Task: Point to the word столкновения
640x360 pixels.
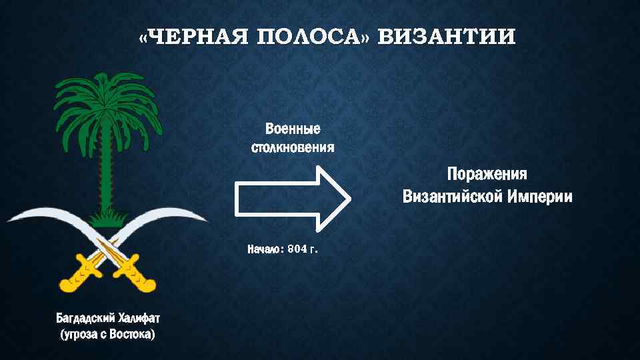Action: tap(293, 146)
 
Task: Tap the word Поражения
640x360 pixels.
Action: tap(487, 175)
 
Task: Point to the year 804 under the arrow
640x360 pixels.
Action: tap(297, 249)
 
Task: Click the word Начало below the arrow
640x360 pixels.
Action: tap(265, 249)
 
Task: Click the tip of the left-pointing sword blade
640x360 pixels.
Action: tap(8, 221)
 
